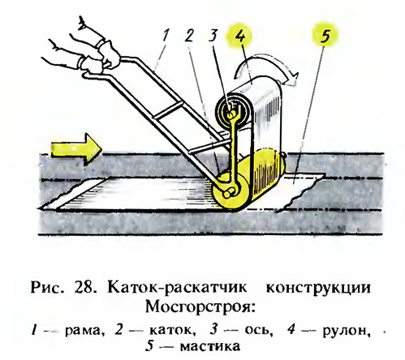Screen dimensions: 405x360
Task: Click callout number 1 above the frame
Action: point(166,36)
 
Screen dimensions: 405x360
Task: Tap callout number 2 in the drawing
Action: point(189,35)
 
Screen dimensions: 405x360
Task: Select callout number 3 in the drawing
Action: point(213,35)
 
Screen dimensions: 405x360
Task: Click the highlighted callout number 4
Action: point(240,35)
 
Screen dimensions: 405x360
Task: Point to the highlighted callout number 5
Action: point(325,35)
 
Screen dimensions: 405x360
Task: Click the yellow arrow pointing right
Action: point(76,149)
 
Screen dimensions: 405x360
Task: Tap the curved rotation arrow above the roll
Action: point(266,68)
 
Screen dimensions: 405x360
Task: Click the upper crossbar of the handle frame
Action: point(168,110)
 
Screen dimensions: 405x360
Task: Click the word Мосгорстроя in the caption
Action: point(200,307)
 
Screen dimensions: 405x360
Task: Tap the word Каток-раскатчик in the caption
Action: point(177,288)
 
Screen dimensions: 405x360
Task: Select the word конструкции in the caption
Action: point(318,289)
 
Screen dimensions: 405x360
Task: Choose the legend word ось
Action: point(258,330)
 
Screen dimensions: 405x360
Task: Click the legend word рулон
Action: point(347,331)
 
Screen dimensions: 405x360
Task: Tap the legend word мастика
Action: point(210,347)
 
